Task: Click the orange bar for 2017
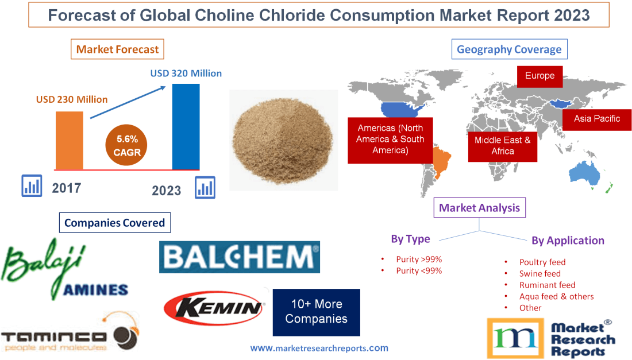click(x=69, y=140)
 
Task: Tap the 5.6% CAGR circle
click(x=127, y=146)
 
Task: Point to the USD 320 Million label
click(x=186, y=73)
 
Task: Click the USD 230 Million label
click(x=72, y=99)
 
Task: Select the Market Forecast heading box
click(x=117, y=49)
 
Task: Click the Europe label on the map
click(x=539, y=76)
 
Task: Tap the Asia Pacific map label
click(x=597, y=119)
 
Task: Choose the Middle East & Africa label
click(x=502, y=145)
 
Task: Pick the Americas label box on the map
click(x=390, y=140)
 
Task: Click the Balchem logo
click(x=239, y=257)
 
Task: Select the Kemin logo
click(x=213, y=308)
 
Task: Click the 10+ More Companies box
click(x=316, y=312)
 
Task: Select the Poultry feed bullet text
click(x=542, y=262)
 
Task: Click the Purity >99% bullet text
click(x=419, y=259)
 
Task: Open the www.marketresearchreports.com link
click(x=319, y=348)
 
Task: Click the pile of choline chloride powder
click(x=282, y=139)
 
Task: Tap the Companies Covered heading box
click(x=114, y=223)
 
